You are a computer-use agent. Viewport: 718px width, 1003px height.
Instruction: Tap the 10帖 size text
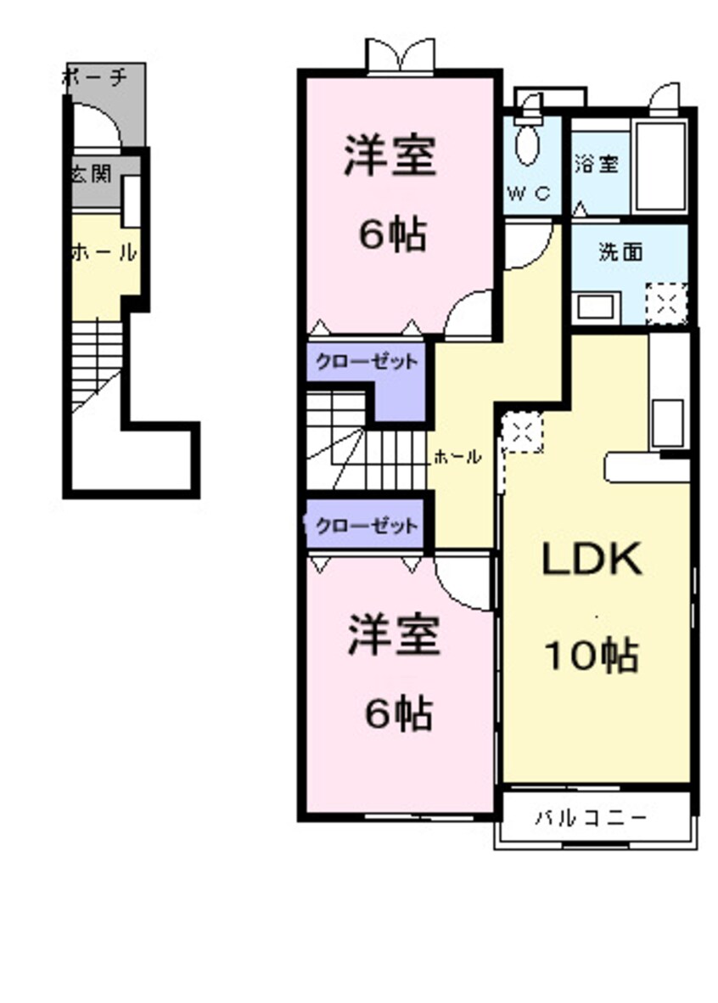591,655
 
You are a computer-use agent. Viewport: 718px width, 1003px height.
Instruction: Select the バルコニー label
592,819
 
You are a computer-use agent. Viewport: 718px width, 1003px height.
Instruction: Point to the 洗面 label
620,251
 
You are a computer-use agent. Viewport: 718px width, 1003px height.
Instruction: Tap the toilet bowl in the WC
529,144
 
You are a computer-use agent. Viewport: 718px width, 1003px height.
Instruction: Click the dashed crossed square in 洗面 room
666,303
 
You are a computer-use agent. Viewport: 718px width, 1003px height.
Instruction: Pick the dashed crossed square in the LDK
523,433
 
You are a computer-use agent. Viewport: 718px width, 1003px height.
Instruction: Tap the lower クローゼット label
367,526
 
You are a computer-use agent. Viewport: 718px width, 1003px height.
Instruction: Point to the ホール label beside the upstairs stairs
457,456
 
